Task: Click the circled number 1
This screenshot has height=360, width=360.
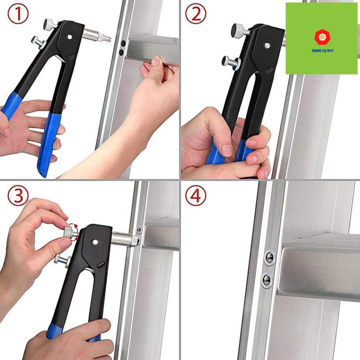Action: point(18,14)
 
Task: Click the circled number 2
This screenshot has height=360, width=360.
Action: point(196,14)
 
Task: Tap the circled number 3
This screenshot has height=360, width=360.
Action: point(18,196)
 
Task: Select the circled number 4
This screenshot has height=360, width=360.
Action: point(196,196)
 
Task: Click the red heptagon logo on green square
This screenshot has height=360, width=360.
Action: point(322,37)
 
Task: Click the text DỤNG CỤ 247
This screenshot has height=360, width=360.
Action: point(322,50)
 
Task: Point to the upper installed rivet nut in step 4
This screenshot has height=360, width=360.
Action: point(269,258)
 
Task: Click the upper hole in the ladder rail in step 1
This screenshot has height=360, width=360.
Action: point(124,43)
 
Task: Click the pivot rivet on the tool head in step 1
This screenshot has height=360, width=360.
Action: point(70,37)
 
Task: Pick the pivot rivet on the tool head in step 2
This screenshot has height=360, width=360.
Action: point(267,46)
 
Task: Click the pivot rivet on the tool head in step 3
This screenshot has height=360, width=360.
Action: point(95,242)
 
